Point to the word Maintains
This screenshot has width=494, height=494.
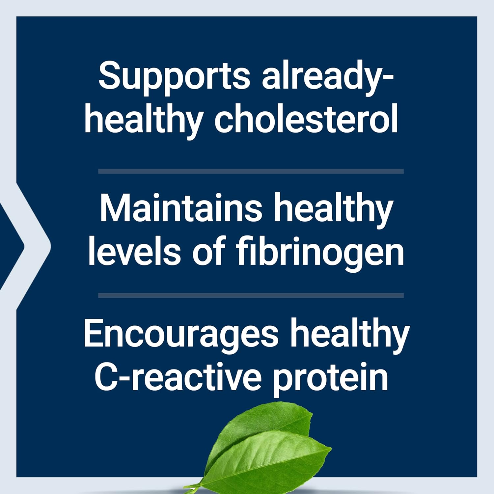coord(181,209)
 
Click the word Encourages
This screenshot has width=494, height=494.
coord(181,333)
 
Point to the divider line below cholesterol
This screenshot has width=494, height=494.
coord(251,171)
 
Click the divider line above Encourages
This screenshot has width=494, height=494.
coord(251,295)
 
